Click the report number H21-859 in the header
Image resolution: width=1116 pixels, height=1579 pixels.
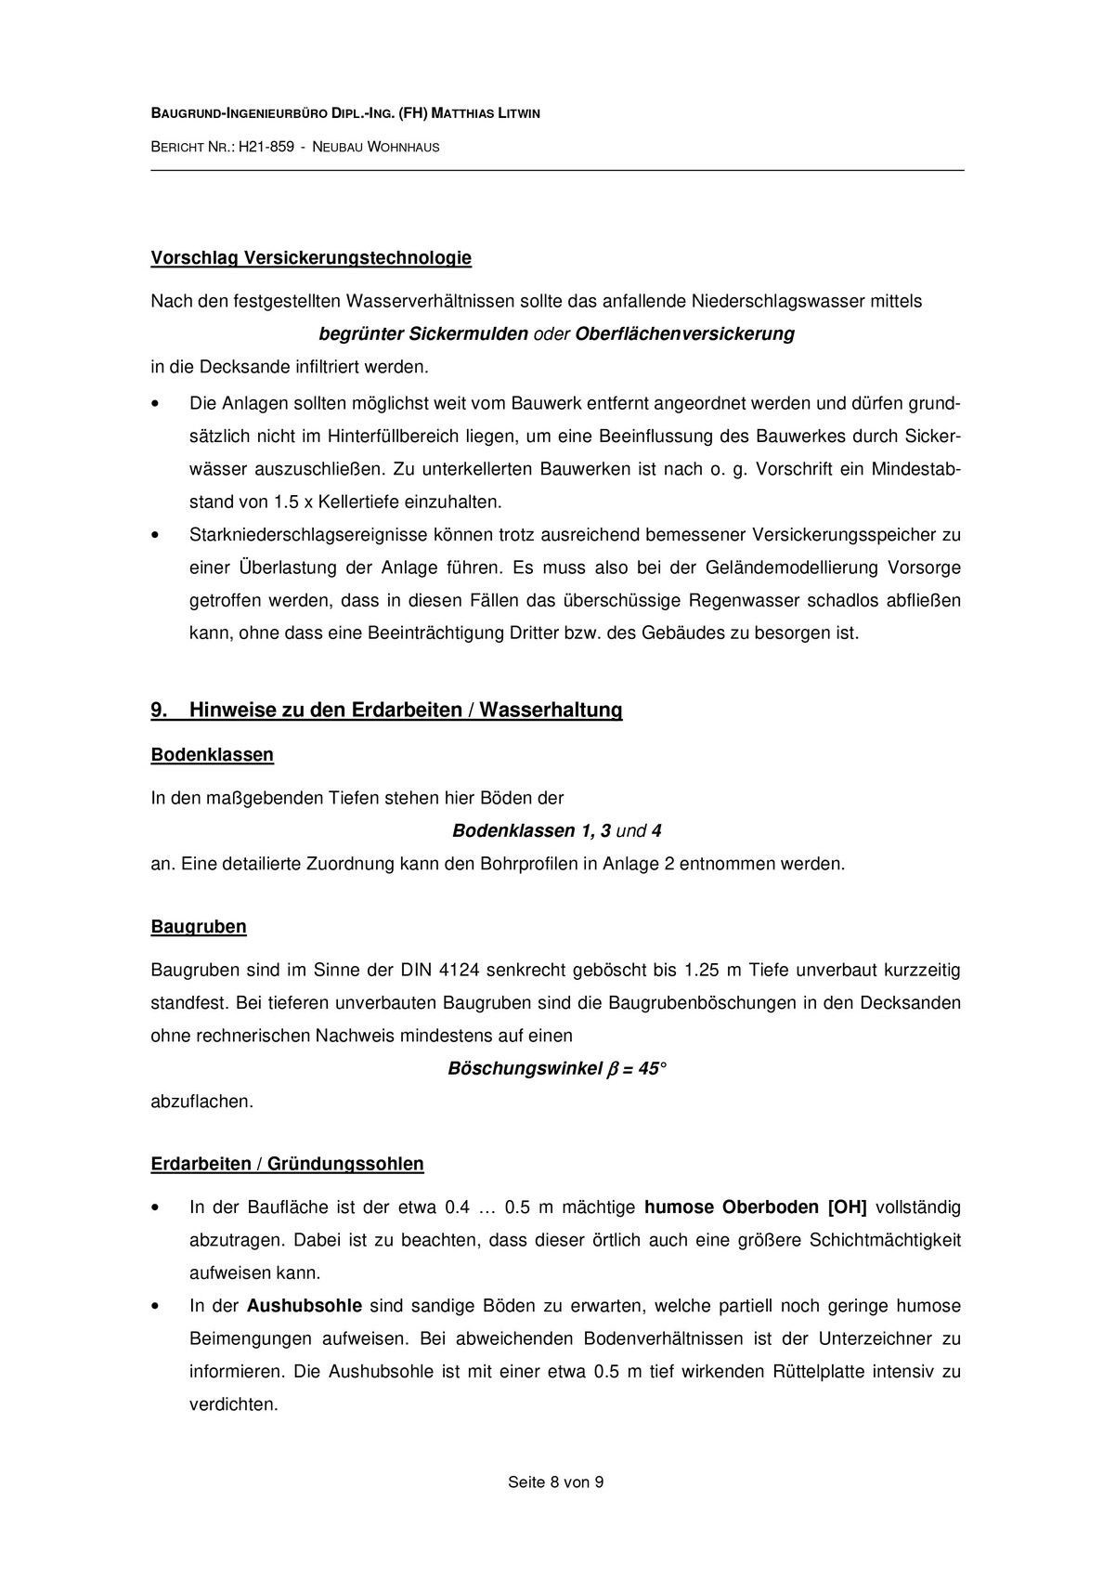click(x=266, y=147)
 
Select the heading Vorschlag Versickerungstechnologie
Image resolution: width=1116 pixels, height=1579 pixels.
click(x=311, y=258)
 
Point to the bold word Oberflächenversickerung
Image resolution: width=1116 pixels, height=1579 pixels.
click(x=685, y=334)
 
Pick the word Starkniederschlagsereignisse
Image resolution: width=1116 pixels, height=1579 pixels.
click(x=302, y=535)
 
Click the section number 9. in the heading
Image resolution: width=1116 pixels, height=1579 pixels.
click(x=159, y=711)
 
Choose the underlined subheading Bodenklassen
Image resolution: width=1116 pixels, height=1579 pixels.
click(x=212, y=755)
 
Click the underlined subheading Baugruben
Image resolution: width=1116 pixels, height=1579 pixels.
click(x=199, y=927)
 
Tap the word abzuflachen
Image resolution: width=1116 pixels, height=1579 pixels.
click(x=201, y=1103)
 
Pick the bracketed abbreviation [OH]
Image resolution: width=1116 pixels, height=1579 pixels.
click(x=846, y=1208)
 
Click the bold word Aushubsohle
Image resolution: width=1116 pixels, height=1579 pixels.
click(x=304, y=1307)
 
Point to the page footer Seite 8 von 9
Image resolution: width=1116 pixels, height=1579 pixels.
click(x=555, y=1483)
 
